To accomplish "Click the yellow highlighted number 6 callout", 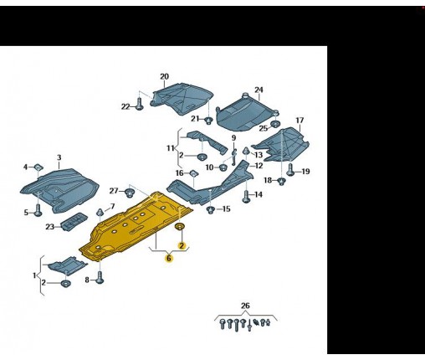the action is point(169,259).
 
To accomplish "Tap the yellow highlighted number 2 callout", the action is point(182,246).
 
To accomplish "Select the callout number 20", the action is point(165,76).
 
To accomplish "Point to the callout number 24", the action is point(259,90).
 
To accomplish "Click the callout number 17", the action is point(300,121).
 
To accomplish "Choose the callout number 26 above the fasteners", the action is point(245,306).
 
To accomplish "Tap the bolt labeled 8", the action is point(100,277).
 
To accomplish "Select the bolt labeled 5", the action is point(38,210).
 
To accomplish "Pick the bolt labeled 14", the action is point(246,197).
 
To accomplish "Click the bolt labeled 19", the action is point(290,170).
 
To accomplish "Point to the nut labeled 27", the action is point(129,193).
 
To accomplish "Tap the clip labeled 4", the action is point(38,167).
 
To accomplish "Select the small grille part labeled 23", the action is point(74,222).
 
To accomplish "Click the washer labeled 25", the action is point(275,124).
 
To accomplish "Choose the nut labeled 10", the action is point(223,167).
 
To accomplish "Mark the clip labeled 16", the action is point(193,173).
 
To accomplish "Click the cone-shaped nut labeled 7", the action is point(100,212).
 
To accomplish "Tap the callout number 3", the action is point(59,157).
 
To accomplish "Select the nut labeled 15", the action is point(211,209).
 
